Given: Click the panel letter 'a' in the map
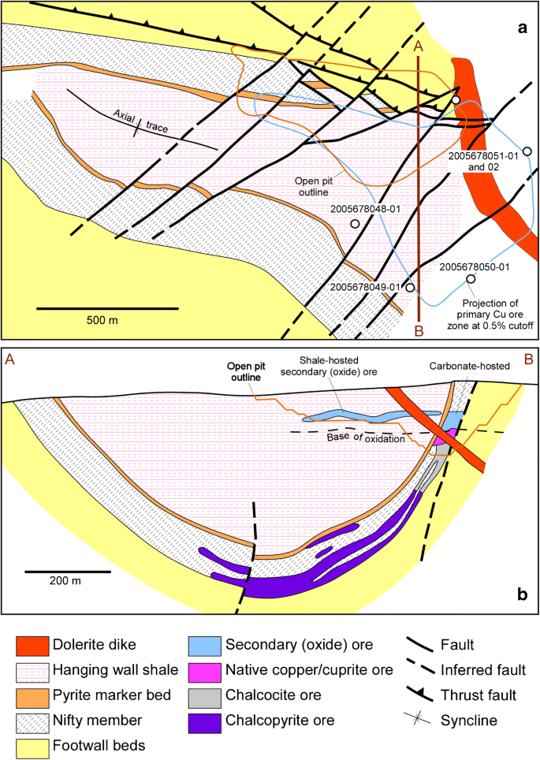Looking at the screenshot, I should pos(522,28).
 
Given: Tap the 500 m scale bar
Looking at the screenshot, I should pos(88,306).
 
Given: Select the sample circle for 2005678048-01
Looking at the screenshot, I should pos(356,224).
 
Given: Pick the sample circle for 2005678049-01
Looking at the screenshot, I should pos(410,288).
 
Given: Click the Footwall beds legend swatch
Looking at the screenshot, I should pos(33,743).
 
